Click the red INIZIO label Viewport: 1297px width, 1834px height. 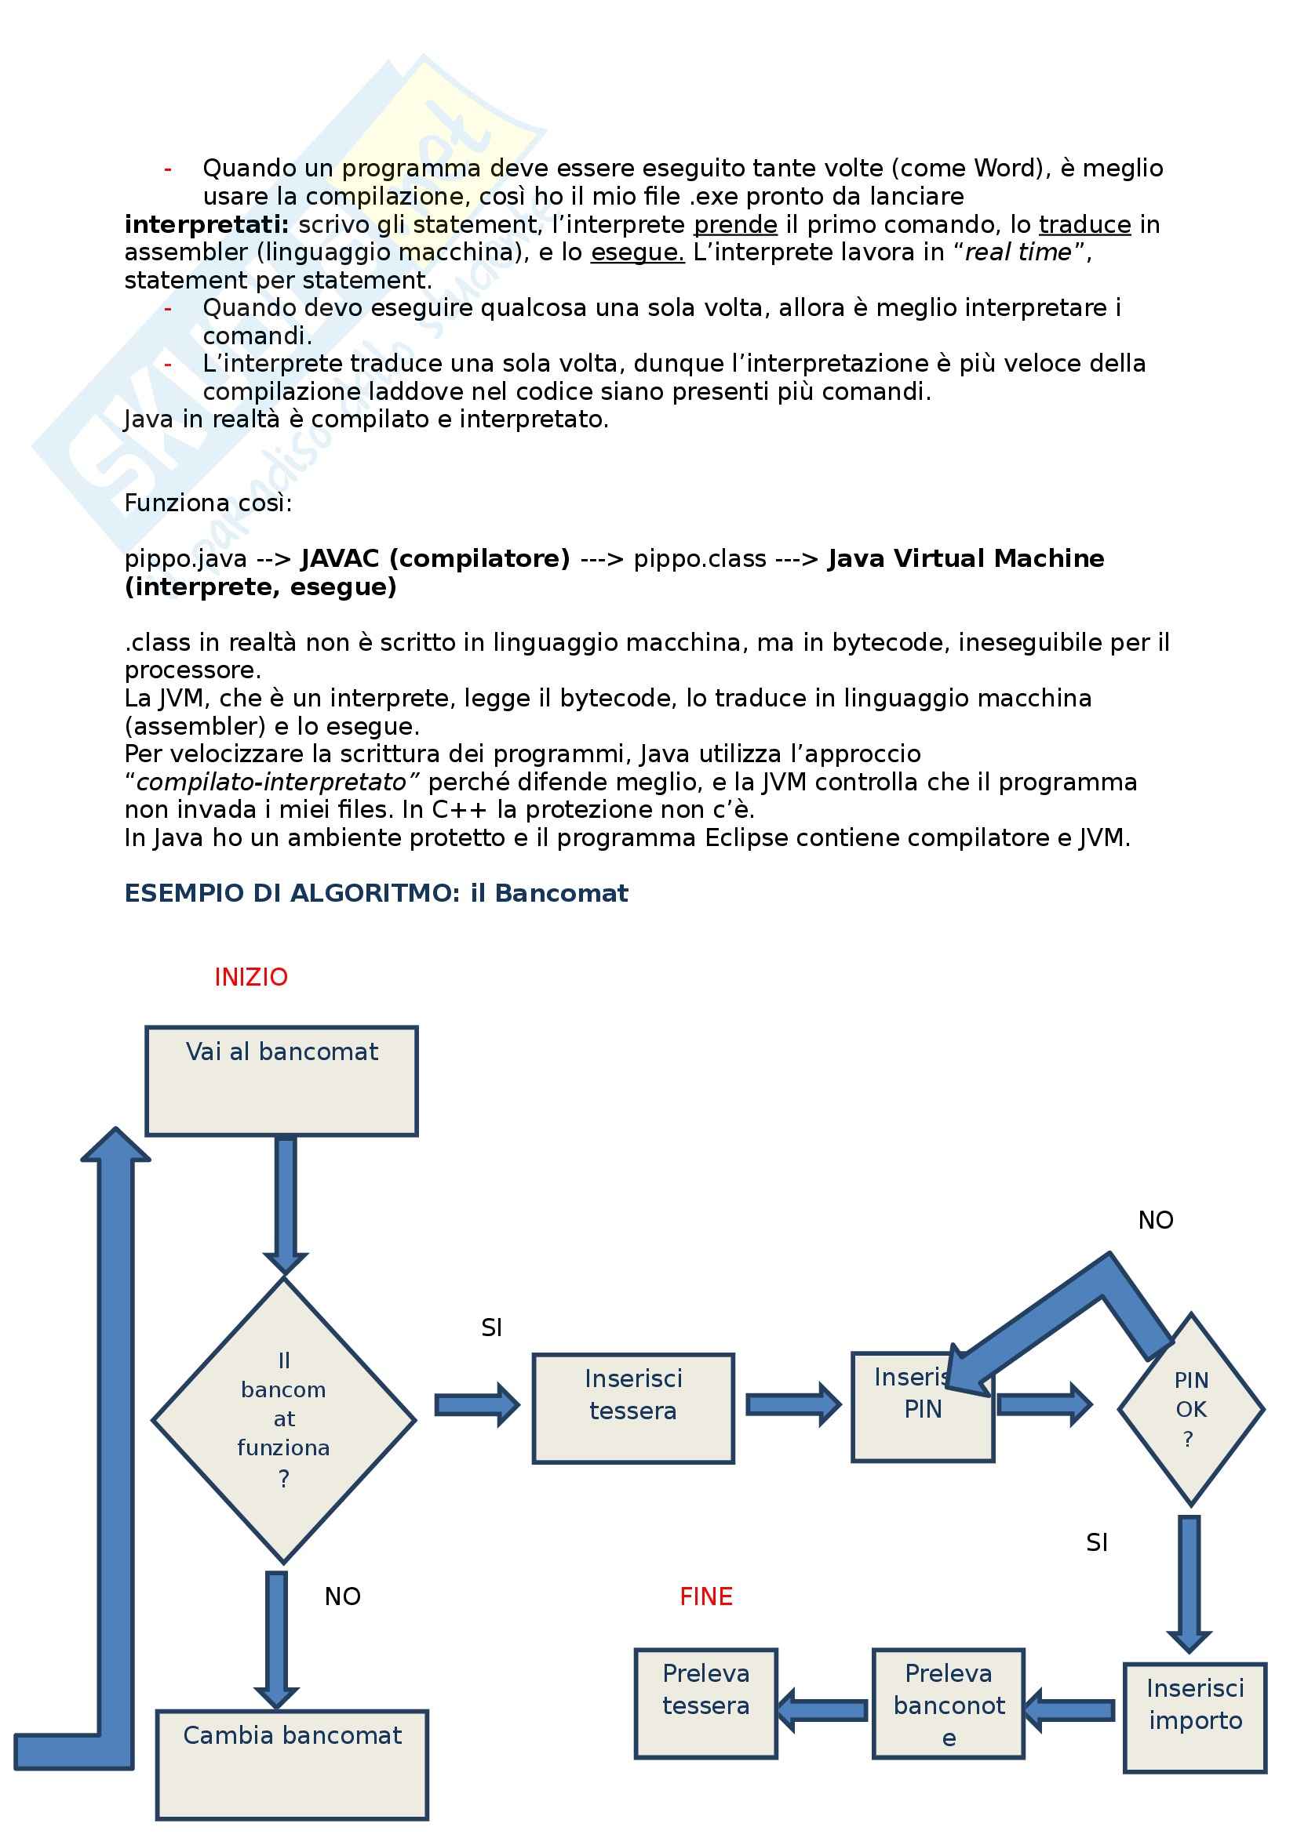coord(250,977)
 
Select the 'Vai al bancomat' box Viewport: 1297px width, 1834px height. coord(282,1080)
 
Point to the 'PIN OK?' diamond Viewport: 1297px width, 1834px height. coord(1190,1410)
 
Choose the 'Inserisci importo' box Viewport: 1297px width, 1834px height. coord(1195,1717)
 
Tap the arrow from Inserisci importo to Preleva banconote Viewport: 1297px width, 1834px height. coord(1069,1709)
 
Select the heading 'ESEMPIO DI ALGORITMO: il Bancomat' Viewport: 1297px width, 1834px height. coord(377,893)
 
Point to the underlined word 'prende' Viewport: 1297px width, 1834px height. coord(735,224)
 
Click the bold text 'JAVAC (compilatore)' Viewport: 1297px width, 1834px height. coord(435,558)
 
